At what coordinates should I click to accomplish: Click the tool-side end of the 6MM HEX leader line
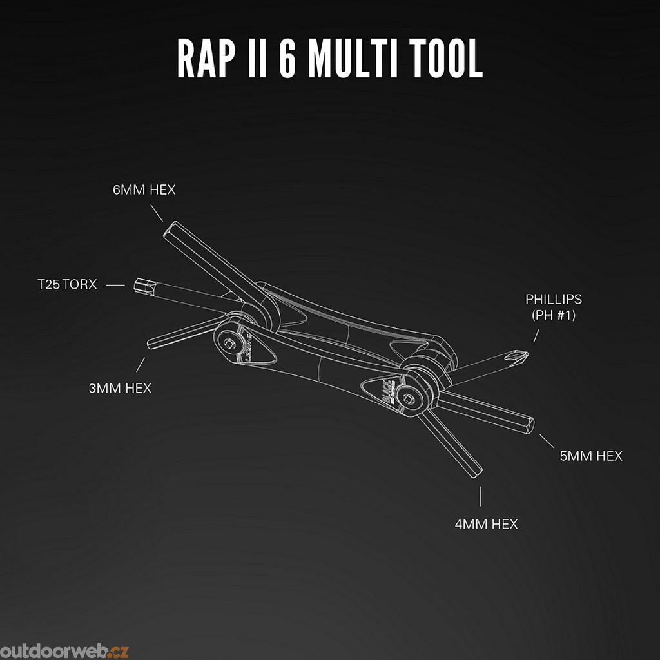point(162,222)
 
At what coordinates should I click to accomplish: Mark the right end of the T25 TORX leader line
point(125,286)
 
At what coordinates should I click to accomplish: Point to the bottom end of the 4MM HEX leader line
point(480,506)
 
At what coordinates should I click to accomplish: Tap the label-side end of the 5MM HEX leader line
point(554,448)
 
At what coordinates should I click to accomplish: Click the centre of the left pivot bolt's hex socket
point(229,343)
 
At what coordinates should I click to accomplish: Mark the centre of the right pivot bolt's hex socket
point(407,398)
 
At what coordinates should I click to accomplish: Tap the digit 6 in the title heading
point(288,58)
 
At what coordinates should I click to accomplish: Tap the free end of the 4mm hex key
point(476,472)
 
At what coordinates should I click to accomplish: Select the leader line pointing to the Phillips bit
point(536,336)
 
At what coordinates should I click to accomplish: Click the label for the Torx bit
point(67,284)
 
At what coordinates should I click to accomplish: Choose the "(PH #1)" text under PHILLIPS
point(553,315)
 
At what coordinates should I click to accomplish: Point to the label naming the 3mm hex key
point(120,388)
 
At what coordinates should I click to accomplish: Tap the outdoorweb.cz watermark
point(64,651)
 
